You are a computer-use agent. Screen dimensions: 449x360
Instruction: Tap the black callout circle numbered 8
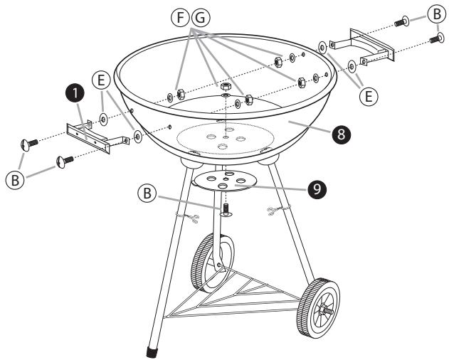click(341, 134)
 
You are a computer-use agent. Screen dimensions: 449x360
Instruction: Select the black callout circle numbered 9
click(317, 189)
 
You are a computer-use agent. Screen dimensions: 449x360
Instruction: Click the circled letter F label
click(181, 18)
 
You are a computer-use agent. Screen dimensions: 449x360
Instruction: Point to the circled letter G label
click(201, 18)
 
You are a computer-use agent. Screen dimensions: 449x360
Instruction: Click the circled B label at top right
click(437, 14)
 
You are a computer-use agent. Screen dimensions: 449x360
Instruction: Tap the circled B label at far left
click(15, 180)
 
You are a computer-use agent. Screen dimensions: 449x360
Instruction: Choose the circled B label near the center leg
click(147, 194)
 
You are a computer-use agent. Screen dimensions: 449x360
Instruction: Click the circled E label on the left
click(101, 80)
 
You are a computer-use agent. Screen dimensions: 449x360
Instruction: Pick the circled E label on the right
click(369, 96)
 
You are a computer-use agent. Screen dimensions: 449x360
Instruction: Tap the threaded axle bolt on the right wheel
click(327, 310)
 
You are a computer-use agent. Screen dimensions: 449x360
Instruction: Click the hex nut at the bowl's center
click(226, 86)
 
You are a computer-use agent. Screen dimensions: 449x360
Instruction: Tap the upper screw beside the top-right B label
click(402, 22)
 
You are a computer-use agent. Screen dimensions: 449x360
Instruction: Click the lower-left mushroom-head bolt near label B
click(65, 161)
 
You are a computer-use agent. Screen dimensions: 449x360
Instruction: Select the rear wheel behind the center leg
click(213, 263)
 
